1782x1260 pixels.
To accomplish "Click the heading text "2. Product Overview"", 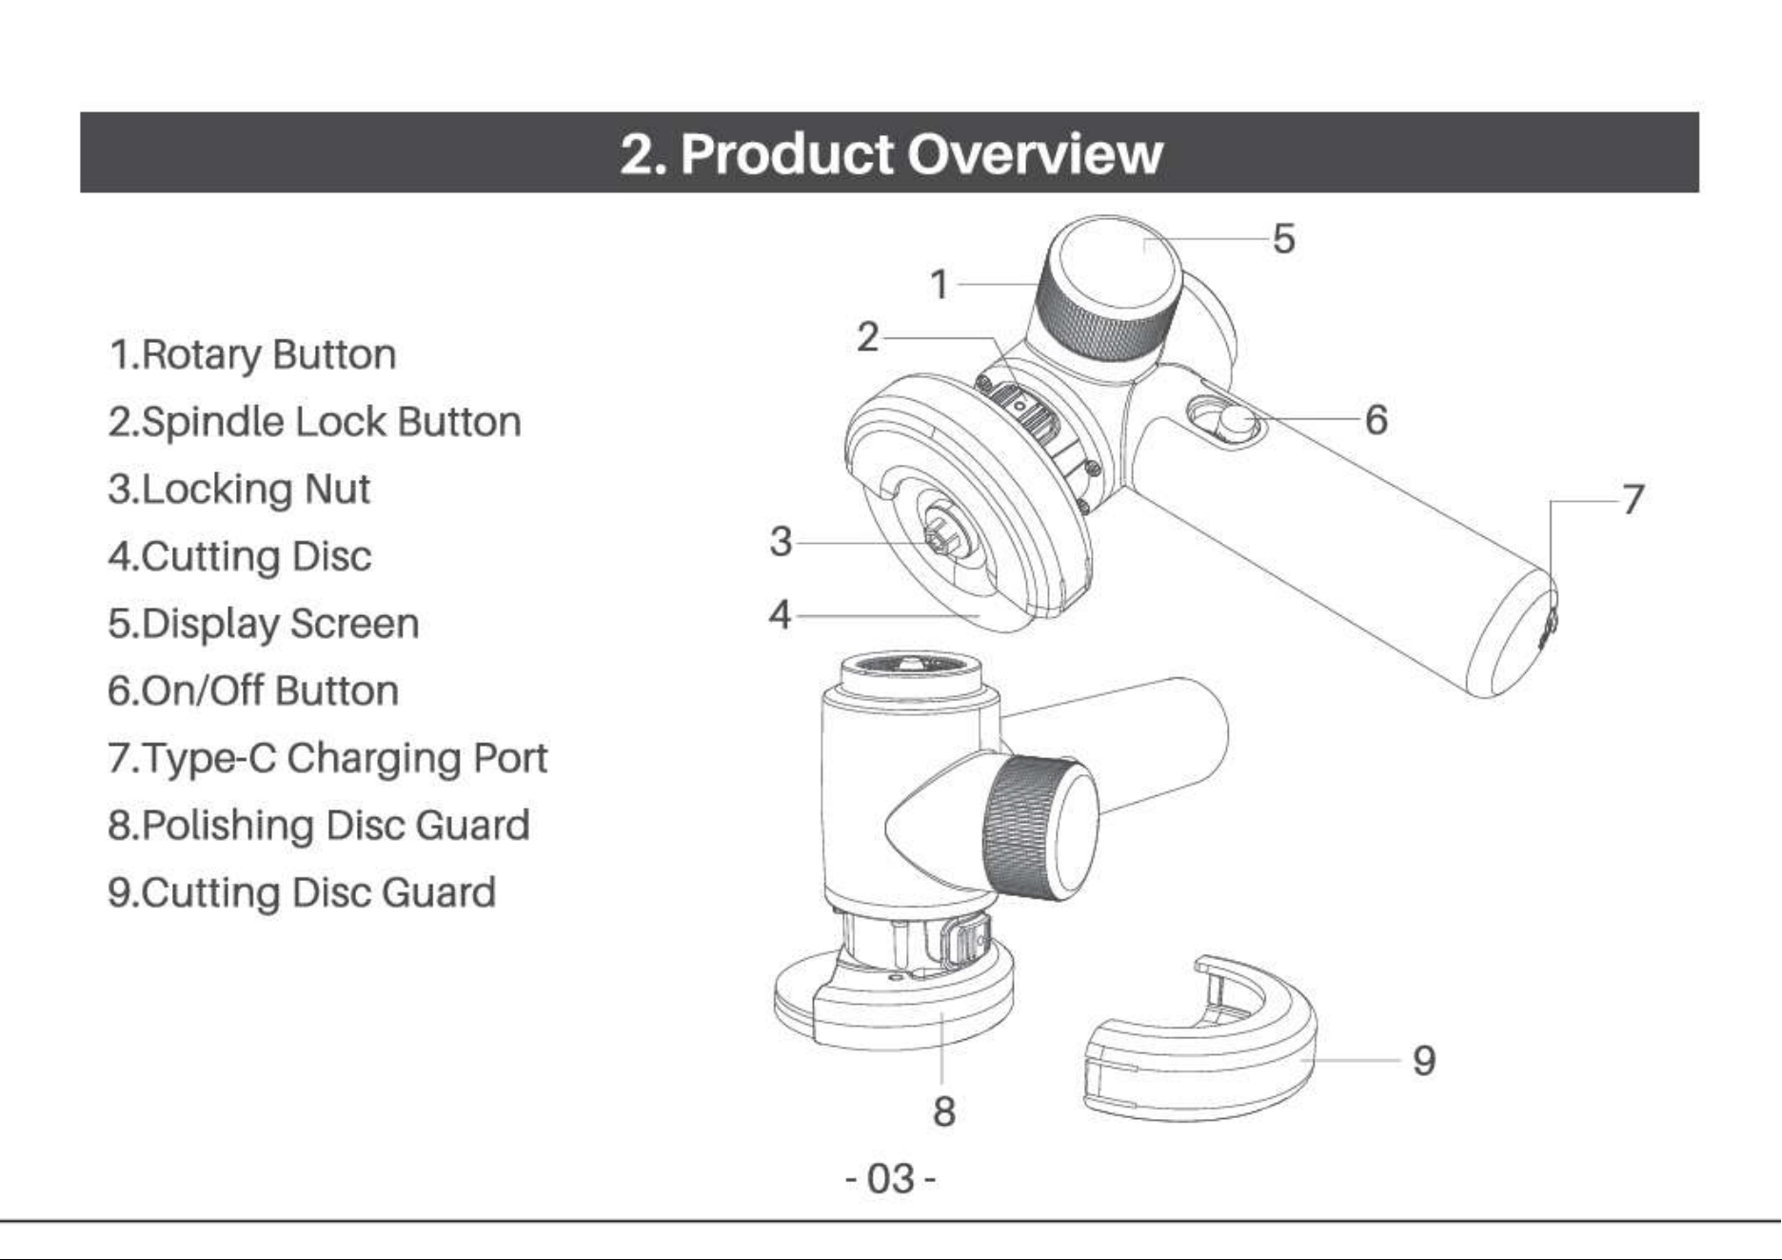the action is [891, 152].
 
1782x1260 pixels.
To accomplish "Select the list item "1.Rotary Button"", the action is [252, 354].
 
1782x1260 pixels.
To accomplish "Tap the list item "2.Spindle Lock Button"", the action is [314, 422].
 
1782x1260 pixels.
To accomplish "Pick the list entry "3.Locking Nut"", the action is [239, 490].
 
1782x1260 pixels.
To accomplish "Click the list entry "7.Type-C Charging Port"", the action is [327, 759].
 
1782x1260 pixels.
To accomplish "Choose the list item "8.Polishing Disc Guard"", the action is [318, 826].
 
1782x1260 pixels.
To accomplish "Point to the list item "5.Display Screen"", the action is [263, 625].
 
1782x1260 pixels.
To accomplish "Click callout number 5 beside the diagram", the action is [1283, 238].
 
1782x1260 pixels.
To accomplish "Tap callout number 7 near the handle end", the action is [1633, 499].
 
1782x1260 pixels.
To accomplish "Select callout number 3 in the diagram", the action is [781, 542].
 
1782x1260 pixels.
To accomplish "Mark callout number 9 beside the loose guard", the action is [1424, 1060].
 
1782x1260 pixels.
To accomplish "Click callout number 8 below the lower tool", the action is [943, 1111].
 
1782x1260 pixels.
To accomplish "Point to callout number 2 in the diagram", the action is [867, 337].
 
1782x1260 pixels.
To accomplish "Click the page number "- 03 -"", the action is [891, 1179].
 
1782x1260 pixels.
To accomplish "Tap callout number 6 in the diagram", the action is [1376, 419].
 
